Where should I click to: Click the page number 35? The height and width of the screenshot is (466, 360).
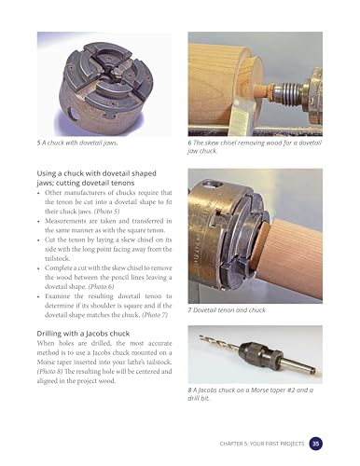(x=317, y=443)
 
